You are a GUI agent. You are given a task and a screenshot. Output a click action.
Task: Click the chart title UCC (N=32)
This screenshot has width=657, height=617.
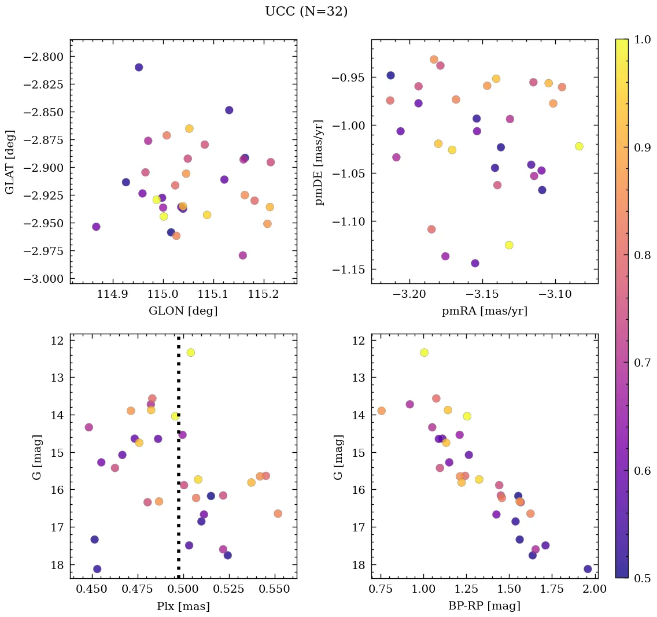tap(306, 12)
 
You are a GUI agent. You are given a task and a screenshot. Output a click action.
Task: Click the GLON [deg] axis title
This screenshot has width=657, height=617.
tap(183, 311)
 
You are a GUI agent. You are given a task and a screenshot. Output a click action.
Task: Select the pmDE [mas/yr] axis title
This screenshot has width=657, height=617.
tap(319, 162)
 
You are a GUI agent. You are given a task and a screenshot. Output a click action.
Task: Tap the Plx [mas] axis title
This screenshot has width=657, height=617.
tap(183, 606)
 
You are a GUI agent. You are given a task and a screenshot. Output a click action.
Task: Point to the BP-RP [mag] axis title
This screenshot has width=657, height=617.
tap(484, 606)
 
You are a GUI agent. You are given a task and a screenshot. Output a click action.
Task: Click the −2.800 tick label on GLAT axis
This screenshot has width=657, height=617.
tap(44, 57)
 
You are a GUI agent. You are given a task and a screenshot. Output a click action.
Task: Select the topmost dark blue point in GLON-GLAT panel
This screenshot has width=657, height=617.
tap(139, 67)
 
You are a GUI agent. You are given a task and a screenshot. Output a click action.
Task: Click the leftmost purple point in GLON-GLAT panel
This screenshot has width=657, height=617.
tap(96, 227)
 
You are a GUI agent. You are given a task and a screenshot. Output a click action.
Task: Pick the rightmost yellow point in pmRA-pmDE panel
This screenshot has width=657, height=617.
tap(579, 146)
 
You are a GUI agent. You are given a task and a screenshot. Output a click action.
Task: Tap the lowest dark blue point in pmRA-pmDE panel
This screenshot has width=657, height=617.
tap(475, 263)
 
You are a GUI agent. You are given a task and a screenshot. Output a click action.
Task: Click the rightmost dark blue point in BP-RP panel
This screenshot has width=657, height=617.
tap(588, 569)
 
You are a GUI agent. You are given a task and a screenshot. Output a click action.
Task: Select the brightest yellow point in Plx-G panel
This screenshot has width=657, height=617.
tap(190, 352)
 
